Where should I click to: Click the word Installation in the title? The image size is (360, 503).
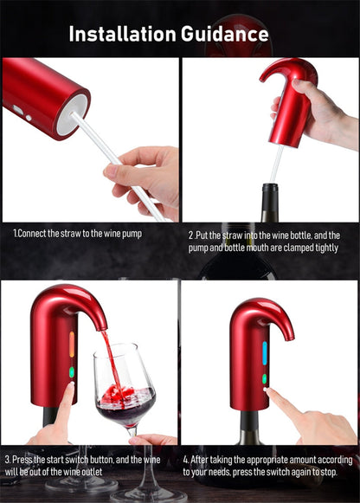click(x=121, y=34)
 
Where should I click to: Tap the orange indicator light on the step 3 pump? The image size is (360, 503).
click(x=71, y=345)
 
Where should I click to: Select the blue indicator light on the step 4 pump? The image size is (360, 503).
click(x=265, y=351)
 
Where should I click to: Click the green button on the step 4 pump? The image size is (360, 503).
click(x=265, y=378)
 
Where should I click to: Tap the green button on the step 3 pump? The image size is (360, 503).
click(x=71, y=371)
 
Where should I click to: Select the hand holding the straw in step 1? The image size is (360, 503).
click(x=147, y=177)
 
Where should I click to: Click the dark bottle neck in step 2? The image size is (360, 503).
click(x=270, y=203)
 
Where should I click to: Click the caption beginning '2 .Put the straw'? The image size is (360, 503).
click(x=264, y=241)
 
